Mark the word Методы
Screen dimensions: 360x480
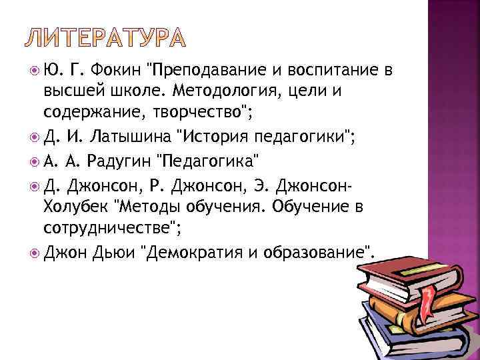click(153, 207)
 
